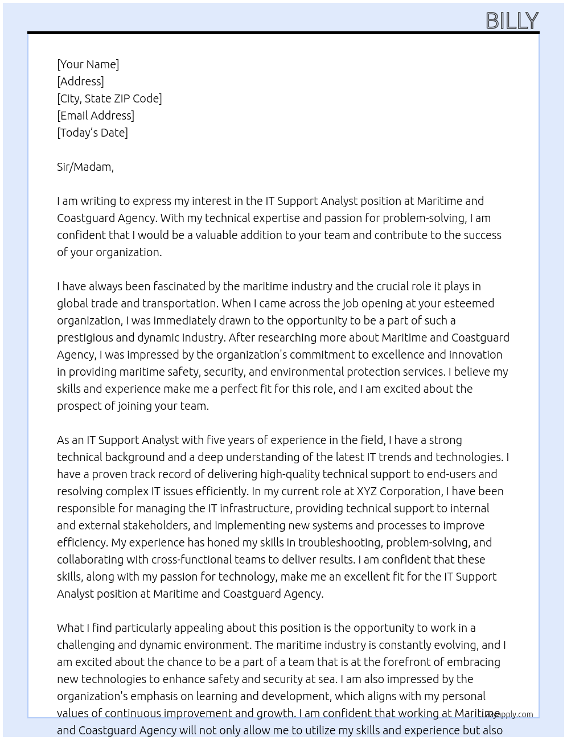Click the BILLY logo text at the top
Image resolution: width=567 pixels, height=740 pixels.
[x=511, y=21]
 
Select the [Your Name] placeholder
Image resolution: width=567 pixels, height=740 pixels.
[x=88, y=64]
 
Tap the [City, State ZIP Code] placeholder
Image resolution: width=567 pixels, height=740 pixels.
[x=109, y=98]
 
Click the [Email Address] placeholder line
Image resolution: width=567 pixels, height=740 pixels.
[x=96, y=116]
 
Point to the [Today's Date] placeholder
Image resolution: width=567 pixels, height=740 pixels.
[x=92, y=133]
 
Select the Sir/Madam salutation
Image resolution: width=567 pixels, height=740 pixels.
[x=85, y=167]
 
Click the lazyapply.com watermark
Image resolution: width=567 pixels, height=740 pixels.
[x=508, y=714]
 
